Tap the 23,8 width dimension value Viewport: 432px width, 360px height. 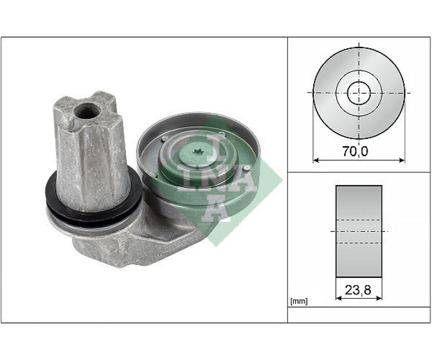[358, 290]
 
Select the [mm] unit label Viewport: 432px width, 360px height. [299, 301]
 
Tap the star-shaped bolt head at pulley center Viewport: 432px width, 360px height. [197, 151]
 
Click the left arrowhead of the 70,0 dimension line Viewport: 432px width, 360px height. [316, 160]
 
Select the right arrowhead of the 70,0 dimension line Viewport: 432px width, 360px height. [402, 160]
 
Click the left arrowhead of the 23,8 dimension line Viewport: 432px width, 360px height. [339, 298]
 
